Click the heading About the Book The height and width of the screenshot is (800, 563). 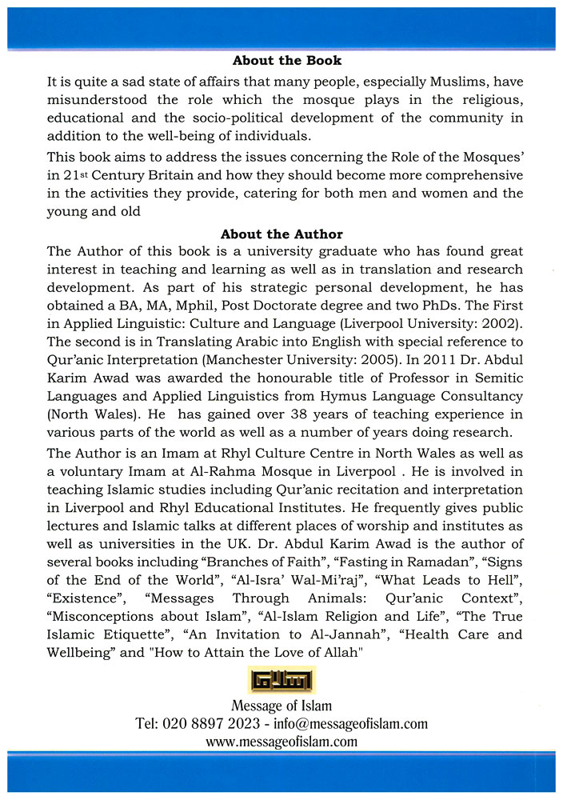(x=286, y=61)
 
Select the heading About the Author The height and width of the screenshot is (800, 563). (x=281, y=234)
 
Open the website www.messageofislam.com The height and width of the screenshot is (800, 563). (x=281, y=742)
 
